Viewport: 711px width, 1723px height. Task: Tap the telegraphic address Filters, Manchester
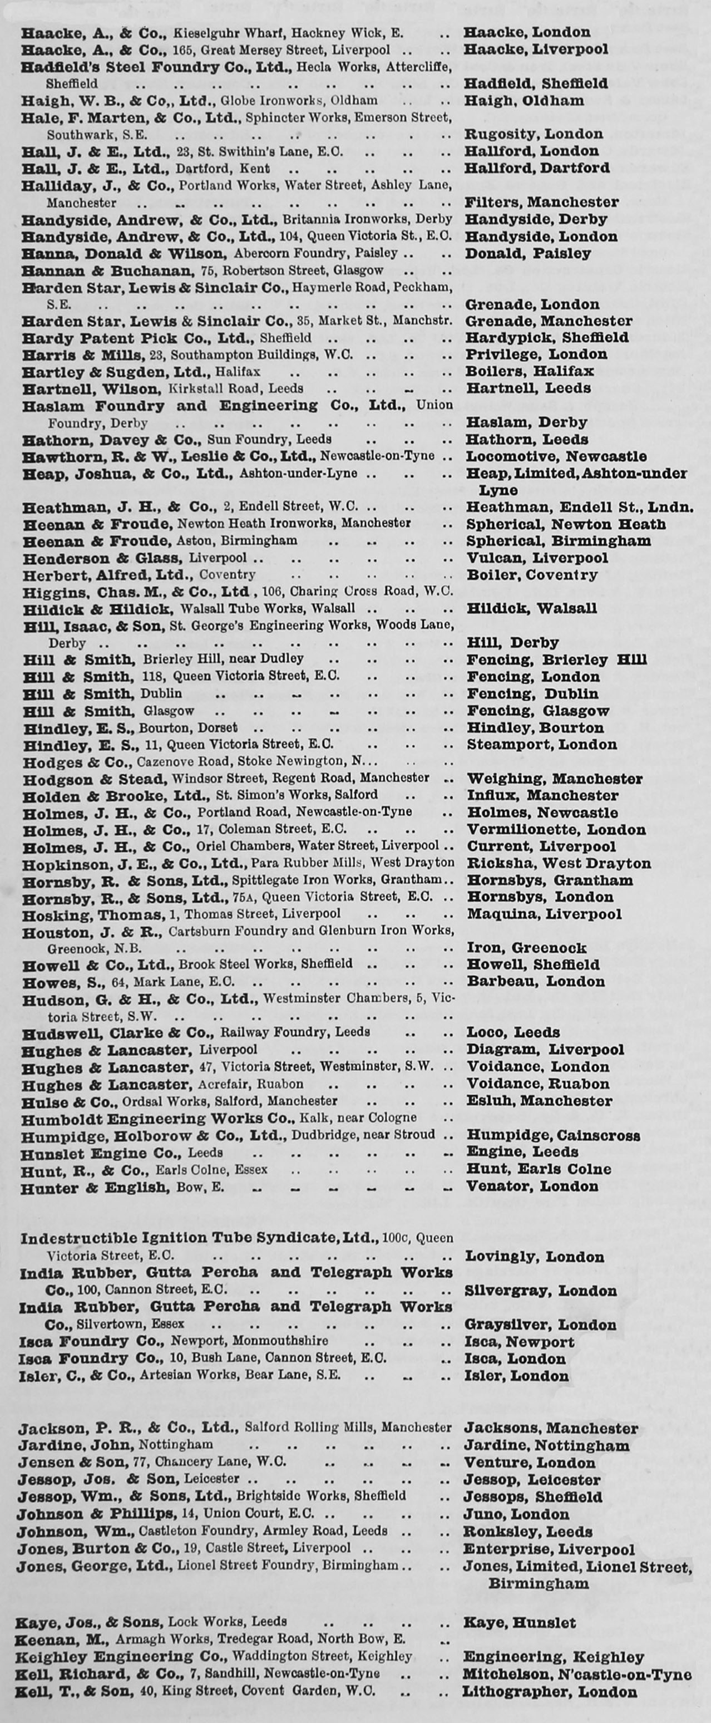coord(542,202)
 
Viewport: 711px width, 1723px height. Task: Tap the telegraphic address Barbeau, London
coord(535,981)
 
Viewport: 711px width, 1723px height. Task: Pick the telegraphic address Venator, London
coord(532,1186)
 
